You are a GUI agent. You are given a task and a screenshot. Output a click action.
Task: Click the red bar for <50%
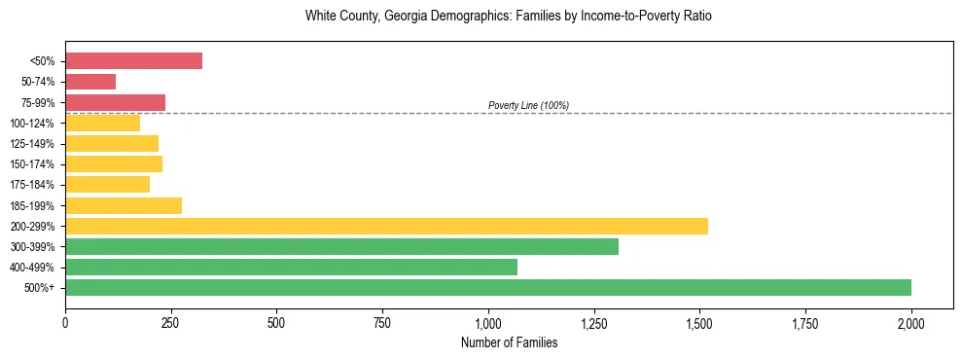pyautogui.click(x=133, y=61)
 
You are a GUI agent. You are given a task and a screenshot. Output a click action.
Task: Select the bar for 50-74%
pyautogui.click(x=90, y=82)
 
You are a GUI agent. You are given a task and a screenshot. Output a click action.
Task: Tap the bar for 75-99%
pyautogui.click(x=115, y=102)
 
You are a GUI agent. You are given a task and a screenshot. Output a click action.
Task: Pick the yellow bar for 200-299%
pyautogui.click(x=386, y=226)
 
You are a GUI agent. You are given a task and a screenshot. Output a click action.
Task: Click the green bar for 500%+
pyautogui.click(x=487, y=287)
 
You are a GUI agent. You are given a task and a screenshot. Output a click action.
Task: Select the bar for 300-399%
pyautogui.click(x=341, y=246)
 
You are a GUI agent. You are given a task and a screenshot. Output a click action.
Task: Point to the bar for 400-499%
pyautogui.click(x=291, y=267)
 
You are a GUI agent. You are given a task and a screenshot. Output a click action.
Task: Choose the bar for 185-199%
pyautogui.click(x=124, y=205)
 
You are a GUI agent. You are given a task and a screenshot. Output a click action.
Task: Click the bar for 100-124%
pyautogui.click(x=102, y=123)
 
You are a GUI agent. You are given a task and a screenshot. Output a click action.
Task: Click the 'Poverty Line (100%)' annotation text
pyautogui.click(x=528, y=105)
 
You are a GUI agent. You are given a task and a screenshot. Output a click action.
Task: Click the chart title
pyautogui.click(x=509, y=17)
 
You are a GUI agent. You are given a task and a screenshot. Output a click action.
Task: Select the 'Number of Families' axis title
pyautogui.click(x=509, y=342)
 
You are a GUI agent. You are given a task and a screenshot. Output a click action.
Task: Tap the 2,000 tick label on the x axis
pyautogui.click(x=911, y=321)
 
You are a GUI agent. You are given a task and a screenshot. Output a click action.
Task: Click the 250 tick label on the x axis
pyautogui.click(x=171, y=321)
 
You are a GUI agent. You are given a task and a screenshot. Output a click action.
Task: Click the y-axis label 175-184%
pyautogui.click(x=34, y=185)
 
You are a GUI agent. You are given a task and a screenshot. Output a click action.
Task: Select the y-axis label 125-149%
pyautogui.click(x=34, y=144)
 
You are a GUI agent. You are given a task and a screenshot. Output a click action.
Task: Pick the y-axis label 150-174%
pyautogui.click(x=34, y=164)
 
